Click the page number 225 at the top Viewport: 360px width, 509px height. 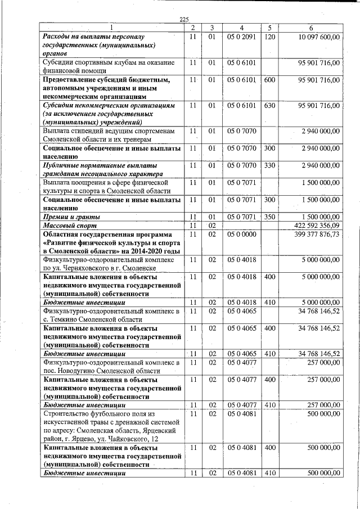183,20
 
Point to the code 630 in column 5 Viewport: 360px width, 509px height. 269,106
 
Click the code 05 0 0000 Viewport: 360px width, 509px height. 241,235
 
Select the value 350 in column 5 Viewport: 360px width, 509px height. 269,217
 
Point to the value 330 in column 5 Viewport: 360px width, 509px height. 269,166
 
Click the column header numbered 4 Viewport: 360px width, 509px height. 241,28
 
